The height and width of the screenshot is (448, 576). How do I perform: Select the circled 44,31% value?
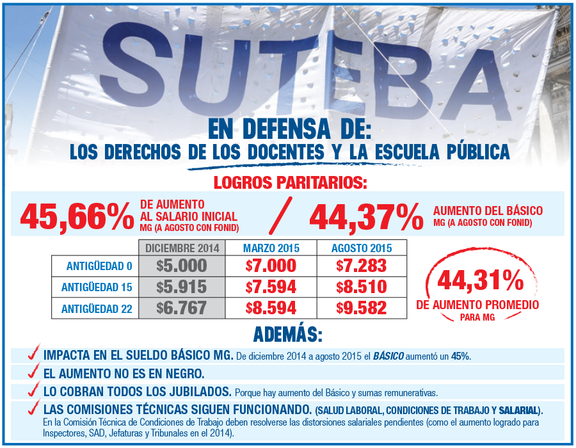click(x=480, y=280)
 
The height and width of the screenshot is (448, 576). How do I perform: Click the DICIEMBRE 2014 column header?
click(x=182, y=248)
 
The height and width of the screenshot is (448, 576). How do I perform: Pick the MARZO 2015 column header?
click(x=271, y=248)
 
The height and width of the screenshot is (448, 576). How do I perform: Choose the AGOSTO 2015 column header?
click(x=362, y=248)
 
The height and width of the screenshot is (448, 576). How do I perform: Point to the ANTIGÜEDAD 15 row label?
click(x=97, y=287)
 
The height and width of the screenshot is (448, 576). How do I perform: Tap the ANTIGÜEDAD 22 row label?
click(x=97, y=308)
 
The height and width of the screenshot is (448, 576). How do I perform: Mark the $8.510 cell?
click(x=362, y=287)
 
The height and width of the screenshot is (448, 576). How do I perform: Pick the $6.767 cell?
click(x=182, y=308)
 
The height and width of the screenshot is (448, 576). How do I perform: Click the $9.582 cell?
click(x=362, y=308)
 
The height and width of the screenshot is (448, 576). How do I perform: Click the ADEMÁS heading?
click(x=288, y=335)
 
